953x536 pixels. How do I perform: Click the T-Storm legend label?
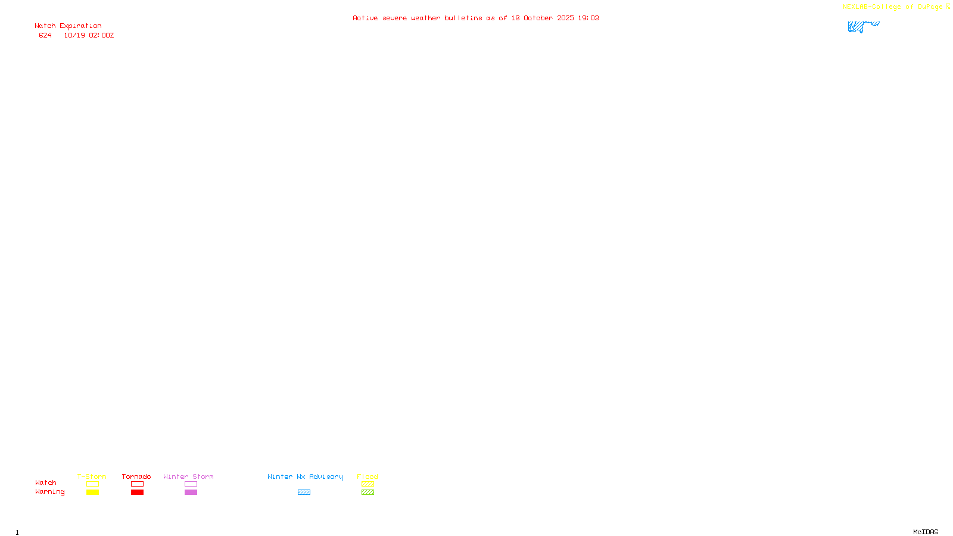[x=92, y=476]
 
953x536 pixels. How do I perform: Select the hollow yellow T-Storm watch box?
[x=92, y=484]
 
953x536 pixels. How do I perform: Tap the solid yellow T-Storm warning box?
[x=92, y=493]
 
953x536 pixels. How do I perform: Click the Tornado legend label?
[x=136, y=476]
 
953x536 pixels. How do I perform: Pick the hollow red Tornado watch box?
[x=137, y=484]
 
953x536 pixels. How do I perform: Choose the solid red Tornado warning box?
[x=137, y=493]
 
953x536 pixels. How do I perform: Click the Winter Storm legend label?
[x=188, y=476]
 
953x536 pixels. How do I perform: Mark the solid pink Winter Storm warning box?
[x=191, y=493]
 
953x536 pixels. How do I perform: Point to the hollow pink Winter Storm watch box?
[x=191, y=484]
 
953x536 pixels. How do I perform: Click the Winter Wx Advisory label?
[x=305, y=476]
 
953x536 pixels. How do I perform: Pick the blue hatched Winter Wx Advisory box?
[x=304, y=493]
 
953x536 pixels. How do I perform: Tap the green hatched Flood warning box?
[x=368, y=493]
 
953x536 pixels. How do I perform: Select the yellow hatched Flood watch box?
[x=368, y=484]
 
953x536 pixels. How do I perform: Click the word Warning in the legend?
[x=49, y=492]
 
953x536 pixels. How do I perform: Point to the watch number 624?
[x=45, y=35]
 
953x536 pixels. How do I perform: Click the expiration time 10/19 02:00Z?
[x=89, y=35]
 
